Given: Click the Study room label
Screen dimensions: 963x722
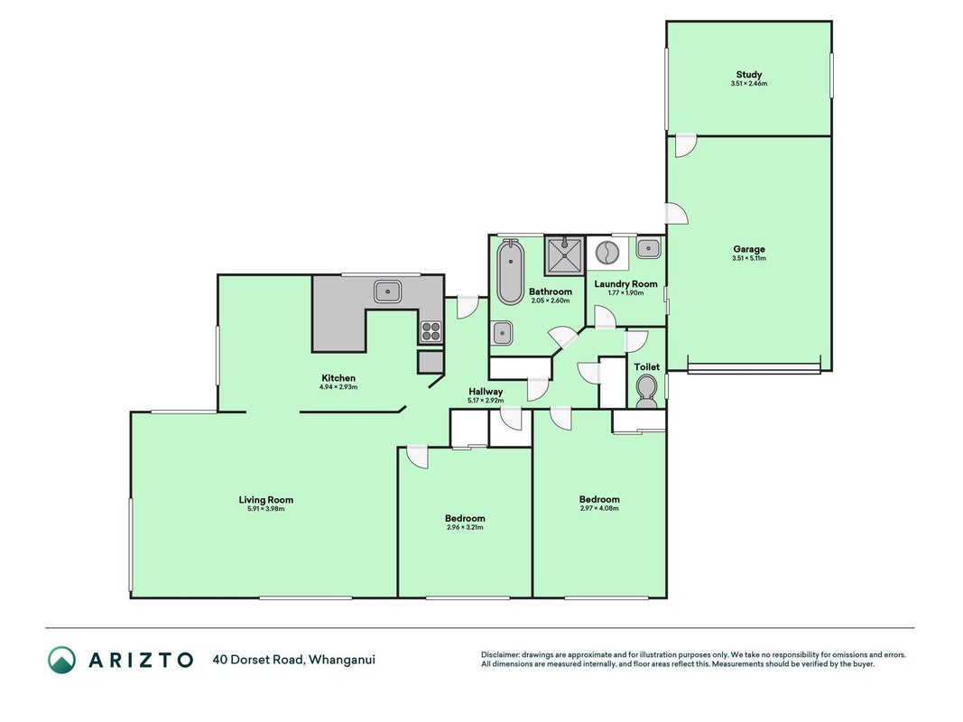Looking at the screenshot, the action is click(749, 74).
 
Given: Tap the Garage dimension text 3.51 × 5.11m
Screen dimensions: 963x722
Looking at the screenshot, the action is click(749, 258).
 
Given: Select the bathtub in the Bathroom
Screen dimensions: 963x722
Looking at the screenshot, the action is click(510, 272).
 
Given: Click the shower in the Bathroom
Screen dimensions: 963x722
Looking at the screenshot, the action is click(564, 255).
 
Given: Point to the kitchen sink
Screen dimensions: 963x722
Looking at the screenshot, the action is click(387, 291).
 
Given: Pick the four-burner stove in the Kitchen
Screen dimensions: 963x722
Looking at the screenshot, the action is click(431, 331).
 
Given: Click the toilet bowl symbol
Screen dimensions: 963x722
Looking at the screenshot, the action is click(646, 391).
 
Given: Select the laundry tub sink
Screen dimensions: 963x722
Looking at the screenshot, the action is click(648, 249).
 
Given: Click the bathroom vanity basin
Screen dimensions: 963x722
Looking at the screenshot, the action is click(503, 333).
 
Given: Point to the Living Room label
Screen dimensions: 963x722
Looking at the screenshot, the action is click(266, 500).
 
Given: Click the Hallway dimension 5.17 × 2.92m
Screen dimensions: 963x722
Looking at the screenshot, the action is click(486, 401).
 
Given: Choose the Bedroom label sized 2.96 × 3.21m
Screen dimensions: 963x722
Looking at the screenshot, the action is click(465, 518).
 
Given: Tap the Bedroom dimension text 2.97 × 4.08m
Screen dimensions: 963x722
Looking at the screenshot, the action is click(599, 508).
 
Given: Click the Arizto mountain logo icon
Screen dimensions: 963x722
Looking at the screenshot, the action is click(62, 660).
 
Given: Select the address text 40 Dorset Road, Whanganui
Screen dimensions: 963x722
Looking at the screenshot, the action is click(293, 660).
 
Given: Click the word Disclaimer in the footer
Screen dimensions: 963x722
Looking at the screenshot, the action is click(500, 655).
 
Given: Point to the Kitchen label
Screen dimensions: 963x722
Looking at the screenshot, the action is click(338, 378).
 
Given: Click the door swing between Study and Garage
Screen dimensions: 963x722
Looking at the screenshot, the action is click(685, 146).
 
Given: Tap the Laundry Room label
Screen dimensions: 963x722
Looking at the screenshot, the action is click(625, 284).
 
